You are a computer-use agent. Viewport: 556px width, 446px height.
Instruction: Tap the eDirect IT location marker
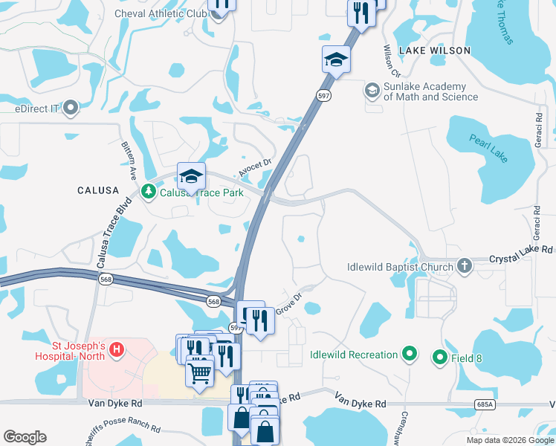pos(71,109)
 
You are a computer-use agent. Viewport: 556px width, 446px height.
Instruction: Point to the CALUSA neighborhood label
pos(98,191)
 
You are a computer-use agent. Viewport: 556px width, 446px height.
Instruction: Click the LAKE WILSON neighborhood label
pos(435,51)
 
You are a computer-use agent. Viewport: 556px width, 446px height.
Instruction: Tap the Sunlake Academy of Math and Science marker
pos(371,91)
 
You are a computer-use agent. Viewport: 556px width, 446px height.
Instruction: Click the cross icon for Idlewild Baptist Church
pos(465,266)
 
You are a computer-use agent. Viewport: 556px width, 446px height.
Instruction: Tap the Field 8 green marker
pos(439,358)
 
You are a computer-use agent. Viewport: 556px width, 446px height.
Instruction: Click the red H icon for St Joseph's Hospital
pos(115,349)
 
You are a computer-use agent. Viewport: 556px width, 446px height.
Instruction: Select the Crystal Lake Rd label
pos(522,260)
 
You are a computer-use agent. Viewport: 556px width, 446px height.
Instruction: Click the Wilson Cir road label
pos(391,61)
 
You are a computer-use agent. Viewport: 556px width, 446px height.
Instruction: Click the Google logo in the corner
pos(25,436)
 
